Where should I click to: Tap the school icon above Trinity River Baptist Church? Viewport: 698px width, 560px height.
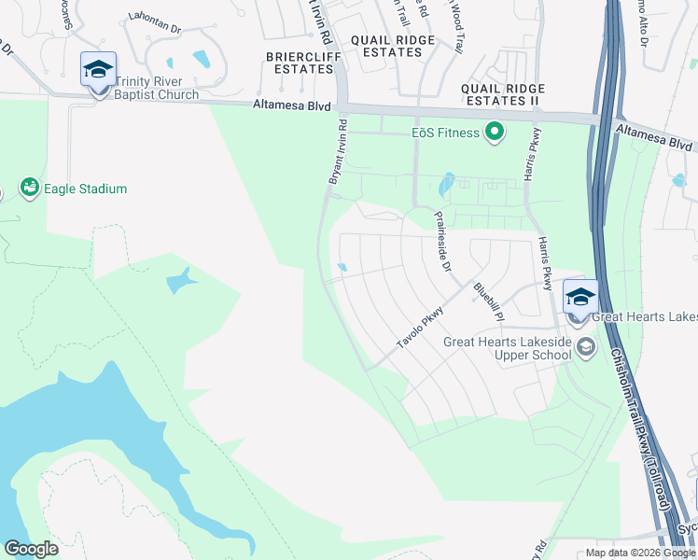pyautogui.click(x=98, y=69)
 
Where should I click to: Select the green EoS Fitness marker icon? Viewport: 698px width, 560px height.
pyautogui.click(x=495, y=133)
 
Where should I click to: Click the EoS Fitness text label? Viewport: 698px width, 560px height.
pyautogui.click(x=446, y=133)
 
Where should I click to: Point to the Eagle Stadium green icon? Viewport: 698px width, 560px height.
pyautogui.click(x=31, y=189)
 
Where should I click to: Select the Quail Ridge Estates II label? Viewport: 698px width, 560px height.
pyautogui.click(x=501, y=94)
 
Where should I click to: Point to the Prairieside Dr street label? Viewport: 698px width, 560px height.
pyautogui.click(x=443, y=241)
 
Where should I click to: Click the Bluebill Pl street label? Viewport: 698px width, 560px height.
pyautogui.click(x=488, y=301)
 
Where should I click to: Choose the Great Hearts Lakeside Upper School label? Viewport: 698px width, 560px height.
pyautogui.click(x=507, y=348)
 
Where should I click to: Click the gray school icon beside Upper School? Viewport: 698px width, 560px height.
pyautogui.click(x=586, y=348)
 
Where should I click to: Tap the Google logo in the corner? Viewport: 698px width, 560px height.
pyautogui.click(x=31, y=549)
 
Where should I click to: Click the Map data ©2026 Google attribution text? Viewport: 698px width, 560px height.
pyautogui.click(x=640, y=553)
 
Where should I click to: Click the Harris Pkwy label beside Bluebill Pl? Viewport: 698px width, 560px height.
pyautogui.click(x=545, y=262)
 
